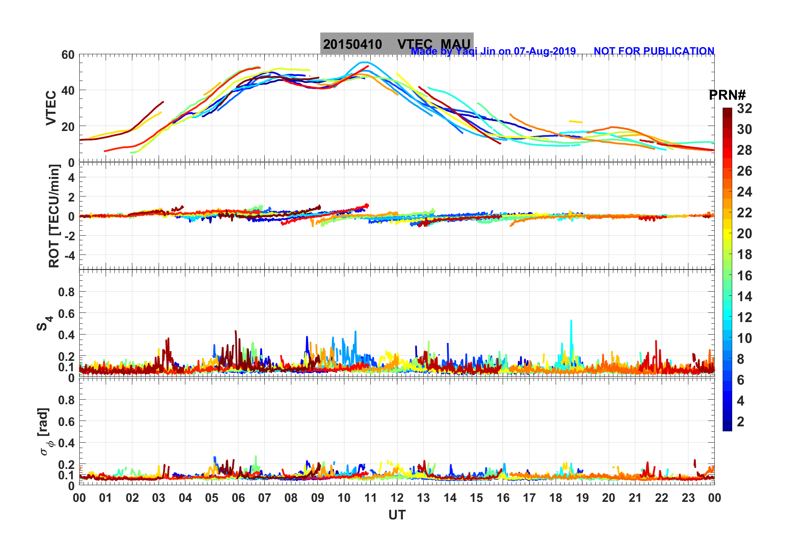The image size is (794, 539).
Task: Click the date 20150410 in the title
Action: pyautogui.click(x=352, y=44)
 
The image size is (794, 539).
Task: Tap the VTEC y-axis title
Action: pyautogui.click(x=51, y=108)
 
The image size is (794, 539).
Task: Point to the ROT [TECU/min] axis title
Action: pyautogui.click(x=54, y=216)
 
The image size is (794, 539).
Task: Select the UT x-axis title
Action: pyautogui.click(x=397, y=515)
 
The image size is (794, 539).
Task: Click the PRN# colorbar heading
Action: pyautogui.click(x=727, y=95)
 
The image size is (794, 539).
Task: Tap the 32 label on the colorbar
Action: pyautogui.click(x=744, y=108)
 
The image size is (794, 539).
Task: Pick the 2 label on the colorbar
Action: pyautogui.click(x=741, y=422)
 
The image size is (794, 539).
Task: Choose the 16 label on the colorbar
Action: pyautogui.click(x=744, y=276)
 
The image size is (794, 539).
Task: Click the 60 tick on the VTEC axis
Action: pyautogui.click(x=68, y=55)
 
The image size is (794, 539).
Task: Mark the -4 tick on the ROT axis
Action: pyautogui.click(x=68, y=255)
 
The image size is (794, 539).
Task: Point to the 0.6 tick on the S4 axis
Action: pyautogui.click(x=66, y=313)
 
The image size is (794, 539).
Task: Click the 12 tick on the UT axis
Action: pyautogui.click(x=397, y=498)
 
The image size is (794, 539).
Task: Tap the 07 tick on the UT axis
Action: pyautogui.click(x=265, y=498)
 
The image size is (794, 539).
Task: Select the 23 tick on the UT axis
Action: pyautogui.click(x=688, y=498)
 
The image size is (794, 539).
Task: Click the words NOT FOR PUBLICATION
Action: pyautogui.click(x=654, y=51)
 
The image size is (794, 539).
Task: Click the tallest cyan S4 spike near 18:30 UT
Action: pyautogui.click(x=571, y=321)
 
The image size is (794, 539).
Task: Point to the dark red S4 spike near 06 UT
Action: pyautogui.click(x=236, y=332)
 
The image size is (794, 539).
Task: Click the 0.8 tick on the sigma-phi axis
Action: pyautogui.click(x=66, y=400)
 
